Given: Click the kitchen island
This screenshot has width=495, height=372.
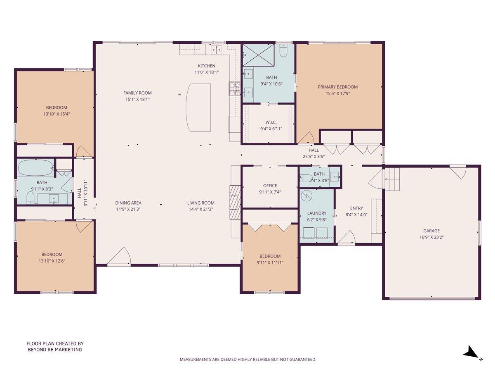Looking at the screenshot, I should (198, 107).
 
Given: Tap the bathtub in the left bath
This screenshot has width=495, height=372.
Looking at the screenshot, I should (35, 168).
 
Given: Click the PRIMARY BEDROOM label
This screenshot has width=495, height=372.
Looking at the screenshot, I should (337, 87).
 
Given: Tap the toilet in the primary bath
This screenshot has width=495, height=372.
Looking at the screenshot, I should (283, 50).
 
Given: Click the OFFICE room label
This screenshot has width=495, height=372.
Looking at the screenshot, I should (270, 186).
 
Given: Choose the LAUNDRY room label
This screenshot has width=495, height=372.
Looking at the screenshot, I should (316, 213).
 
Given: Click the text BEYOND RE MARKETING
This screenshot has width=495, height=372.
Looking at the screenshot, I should (55, 349).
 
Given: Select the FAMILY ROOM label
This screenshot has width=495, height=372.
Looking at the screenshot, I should (137, 93).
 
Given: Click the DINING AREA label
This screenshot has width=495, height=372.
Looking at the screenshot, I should (128, 203).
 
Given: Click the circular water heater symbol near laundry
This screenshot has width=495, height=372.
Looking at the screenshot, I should (306, 195).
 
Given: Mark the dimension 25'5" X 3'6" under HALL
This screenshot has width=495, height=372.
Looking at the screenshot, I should (313, 157).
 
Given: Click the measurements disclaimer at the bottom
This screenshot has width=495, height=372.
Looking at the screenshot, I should (247, 360).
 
